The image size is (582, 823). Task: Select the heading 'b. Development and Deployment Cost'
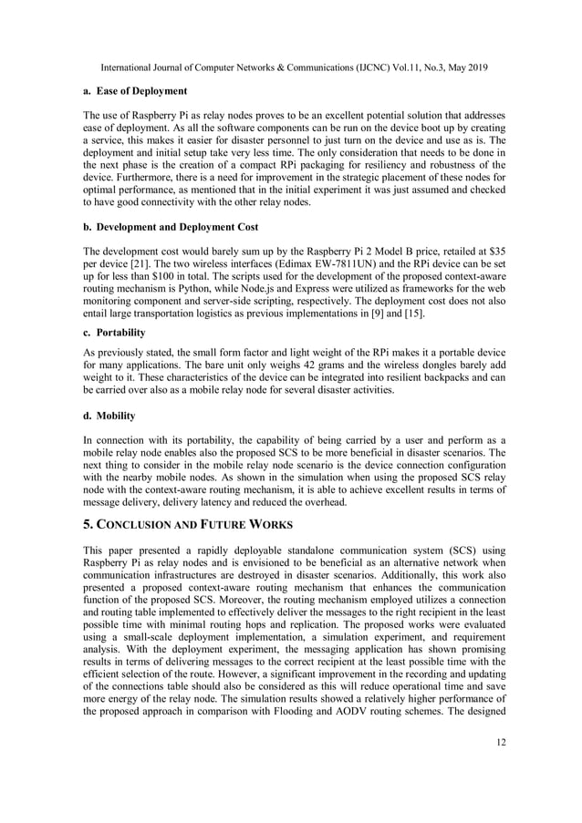click(x=171, y=225)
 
